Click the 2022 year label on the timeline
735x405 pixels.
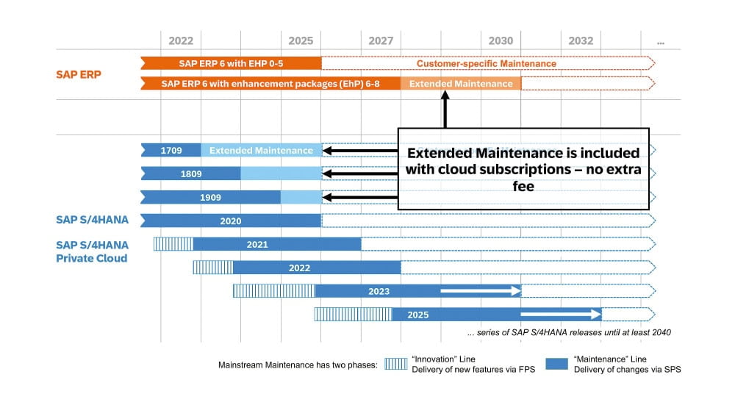(181, 41)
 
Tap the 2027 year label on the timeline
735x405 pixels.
(381, 41)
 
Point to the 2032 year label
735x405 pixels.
(581, 41)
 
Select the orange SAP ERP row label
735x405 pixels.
(79, 74)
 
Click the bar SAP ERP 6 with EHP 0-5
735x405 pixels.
(232, 63)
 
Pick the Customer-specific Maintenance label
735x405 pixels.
(486, 63)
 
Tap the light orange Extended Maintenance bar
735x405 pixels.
(461, 84)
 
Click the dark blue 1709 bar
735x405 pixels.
(171, 151)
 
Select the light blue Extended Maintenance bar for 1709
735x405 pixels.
(261, 151)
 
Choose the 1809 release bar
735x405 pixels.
(190, 174)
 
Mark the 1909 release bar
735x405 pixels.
(210, 198)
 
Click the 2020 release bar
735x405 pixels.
(231, 221)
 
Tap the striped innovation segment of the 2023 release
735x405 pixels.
(274, 291)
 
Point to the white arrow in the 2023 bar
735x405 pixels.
(481, 291)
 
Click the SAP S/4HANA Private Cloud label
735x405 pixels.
(91, 251)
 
